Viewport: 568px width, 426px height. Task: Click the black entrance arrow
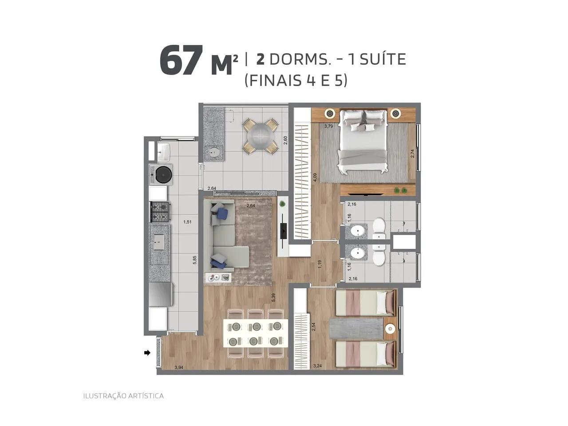point(147,352)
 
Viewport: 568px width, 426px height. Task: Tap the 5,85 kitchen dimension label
point(195,260)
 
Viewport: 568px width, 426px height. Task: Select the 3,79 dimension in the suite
point(328,126)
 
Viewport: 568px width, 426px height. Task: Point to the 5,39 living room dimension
point(273,297)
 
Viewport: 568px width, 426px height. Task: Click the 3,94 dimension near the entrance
point(179,367)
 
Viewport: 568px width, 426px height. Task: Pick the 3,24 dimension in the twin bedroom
point(317,366)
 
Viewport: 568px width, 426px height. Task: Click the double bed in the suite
point(363,141)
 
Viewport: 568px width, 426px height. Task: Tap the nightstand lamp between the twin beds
point(390,328)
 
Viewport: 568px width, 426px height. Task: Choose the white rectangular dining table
point(256,333)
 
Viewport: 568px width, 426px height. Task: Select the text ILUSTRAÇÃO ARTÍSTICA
point(123,396)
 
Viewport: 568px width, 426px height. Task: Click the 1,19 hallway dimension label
point(320,264)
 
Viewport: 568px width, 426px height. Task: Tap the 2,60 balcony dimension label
point(285,141)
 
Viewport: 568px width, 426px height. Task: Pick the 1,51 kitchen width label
point(187,222)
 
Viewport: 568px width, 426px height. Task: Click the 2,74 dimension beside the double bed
point(413,154)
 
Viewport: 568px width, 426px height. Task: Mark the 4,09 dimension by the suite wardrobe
point(315,177)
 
